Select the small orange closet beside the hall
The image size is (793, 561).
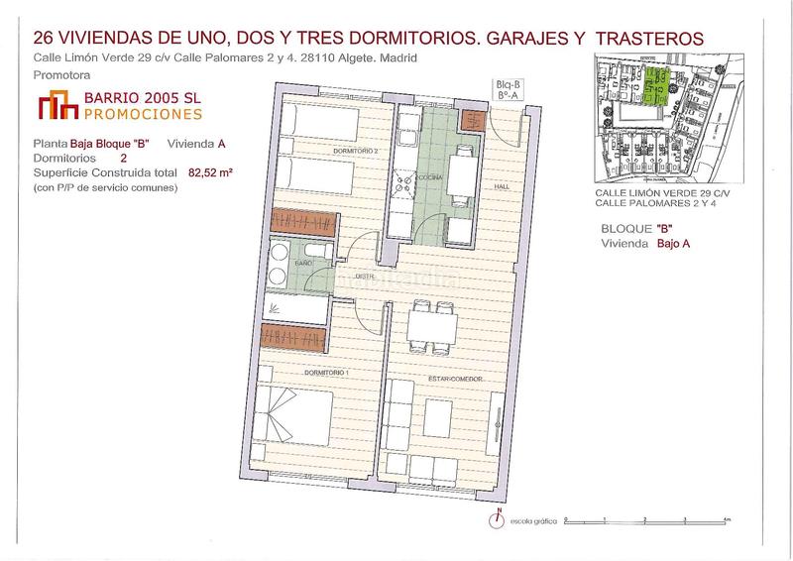472,120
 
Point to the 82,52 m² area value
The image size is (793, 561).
210,171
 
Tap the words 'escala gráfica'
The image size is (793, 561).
532,519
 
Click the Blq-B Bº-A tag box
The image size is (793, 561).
510,90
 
